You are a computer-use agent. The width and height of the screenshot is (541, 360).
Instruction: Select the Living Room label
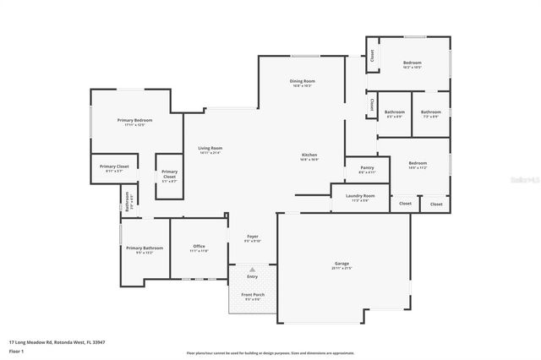(x=210, y=149)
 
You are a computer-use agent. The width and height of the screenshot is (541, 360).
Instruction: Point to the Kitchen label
(x=310, y=155)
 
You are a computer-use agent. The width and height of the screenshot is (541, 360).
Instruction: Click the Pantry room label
(x=366, y=167)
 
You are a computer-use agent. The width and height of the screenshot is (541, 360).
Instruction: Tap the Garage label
(x=342, y=264)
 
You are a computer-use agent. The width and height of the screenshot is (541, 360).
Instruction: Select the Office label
(x=199, y=246)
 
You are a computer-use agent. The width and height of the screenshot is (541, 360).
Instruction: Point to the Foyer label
(x=252, y=236)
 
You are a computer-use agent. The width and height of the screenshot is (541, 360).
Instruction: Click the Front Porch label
(x=252, y=294)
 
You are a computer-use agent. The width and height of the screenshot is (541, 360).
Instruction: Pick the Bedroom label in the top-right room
(x=412, y=63)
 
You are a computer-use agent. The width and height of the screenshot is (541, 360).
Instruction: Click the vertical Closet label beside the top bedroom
(x=370, y=56)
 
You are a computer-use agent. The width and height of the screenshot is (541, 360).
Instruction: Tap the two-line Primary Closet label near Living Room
(x=169, y=173)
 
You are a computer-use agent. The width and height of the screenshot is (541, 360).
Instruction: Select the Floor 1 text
(x=16, y=350)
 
